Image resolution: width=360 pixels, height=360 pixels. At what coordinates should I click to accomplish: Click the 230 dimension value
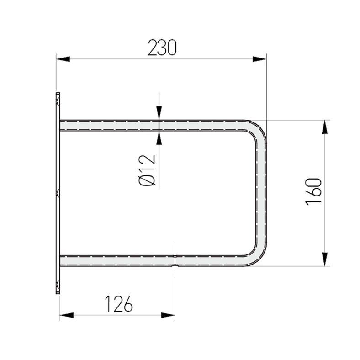[162, 48]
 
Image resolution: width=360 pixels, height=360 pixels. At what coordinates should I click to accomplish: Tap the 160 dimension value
[313, 191]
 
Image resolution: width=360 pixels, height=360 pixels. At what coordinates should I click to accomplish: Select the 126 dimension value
[119, 304]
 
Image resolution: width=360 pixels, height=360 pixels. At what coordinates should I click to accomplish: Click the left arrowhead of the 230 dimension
[63, 59]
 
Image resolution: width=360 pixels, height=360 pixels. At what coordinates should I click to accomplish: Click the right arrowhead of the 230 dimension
[259, 59]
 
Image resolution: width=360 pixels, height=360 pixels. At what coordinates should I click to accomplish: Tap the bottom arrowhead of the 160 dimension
[325, 259]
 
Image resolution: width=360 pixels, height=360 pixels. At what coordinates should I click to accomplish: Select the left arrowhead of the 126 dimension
[67, 315]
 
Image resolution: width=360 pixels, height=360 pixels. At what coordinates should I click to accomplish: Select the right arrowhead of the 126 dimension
[168, 315]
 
